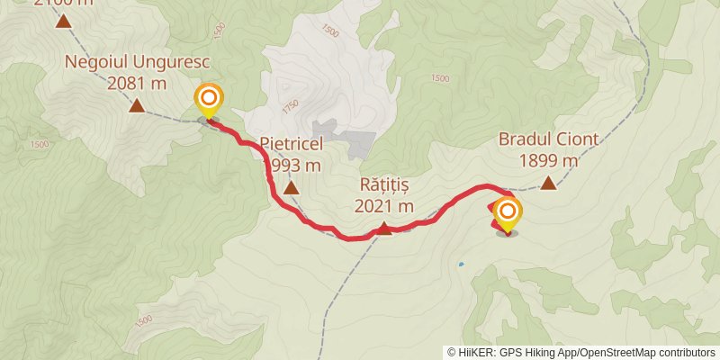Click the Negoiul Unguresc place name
pos(136,63)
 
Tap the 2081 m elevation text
pos(137,84)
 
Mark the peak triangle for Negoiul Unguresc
pos(136,106)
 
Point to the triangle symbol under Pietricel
pos(291,187)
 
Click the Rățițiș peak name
pos(383,185)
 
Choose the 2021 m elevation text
pos(383,206)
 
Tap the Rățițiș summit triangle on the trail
pos(383,229)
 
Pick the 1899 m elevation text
pos(548,162)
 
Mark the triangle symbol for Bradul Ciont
pos(548,184)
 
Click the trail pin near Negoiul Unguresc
pos(209,99)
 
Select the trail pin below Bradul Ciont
pos(508,213)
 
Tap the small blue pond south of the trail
pos(461,265)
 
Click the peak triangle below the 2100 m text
pos(63,21)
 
